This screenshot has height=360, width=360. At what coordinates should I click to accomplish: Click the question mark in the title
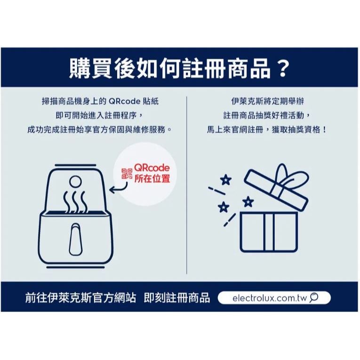tap(282, 68)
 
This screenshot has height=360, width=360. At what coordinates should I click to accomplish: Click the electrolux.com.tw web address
tap(270, 298)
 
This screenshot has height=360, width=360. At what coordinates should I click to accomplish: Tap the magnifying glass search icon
tap(314, 298)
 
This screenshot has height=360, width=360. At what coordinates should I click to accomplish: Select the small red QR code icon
tap(127, 174)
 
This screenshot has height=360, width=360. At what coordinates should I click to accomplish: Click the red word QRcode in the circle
tap(152, 168)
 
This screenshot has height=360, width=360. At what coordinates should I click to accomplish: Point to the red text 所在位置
tap(152, 178)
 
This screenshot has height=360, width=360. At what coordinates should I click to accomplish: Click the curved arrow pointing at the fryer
tap(119, 188)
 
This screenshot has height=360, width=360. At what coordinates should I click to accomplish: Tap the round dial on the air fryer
tap(75, 182)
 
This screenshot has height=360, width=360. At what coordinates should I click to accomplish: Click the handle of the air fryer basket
tap(75, 239)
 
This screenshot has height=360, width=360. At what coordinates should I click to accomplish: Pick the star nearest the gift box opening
tap(248, 202)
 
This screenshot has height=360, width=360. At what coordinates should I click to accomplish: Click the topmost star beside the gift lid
tap(226, 180)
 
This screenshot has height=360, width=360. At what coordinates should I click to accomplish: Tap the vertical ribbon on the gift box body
tap(269, 232)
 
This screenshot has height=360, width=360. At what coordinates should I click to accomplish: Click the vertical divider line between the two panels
tap(187, 185)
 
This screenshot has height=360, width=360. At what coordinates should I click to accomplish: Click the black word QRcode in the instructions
tap(124, 101)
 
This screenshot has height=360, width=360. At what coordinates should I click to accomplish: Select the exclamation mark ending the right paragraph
tap(324, 130)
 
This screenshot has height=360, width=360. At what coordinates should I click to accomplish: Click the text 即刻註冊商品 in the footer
tap(177, 298)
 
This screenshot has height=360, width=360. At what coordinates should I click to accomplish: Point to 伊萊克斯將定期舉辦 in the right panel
tap(267, 101)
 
